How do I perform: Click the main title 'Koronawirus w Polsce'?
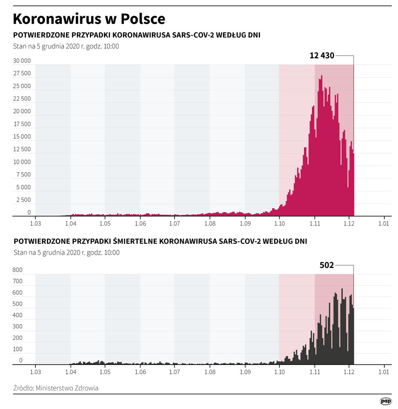(x=89, y=19)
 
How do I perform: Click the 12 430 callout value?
(x=322, y=56)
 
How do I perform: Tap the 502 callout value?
(x=326, y=265)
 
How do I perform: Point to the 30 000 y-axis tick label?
(x=22, y=61)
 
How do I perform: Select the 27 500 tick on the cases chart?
(x=22, y=74)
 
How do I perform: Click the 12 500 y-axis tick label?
(x=22, y=149)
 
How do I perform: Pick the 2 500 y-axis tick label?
(x=24, y=200)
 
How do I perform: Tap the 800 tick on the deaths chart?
(x=17, y=270)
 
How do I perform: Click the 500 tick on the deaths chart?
(x=17, y=304)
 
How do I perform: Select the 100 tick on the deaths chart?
(x=17, y=349)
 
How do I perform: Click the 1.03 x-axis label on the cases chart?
(x=35, y=223)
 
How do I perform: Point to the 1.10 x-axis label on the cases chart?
(x=279, y=223)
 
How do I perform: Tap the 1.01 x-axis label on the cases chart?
(x=384, y=223)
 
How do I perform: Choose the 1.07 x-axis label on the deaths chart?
(x=174, y=373)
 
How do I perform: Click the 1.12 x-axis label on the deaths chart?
(x=349, y=373)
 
